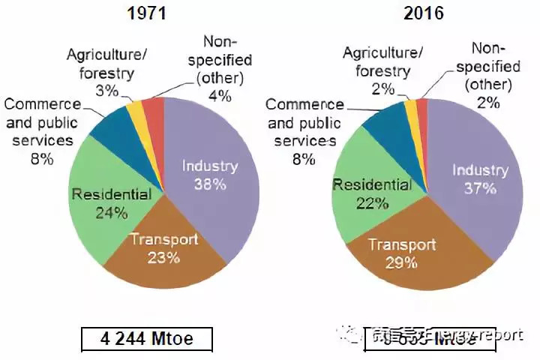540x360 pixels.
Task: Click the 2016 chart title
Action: coord(423,13)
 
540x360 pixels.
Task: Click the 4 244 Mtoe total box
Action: coord(146,339)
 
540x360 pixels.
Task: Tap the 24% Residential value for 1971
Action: coord(112,212)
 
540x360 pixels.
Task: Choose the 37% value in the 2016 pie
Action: coord(479,188)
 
